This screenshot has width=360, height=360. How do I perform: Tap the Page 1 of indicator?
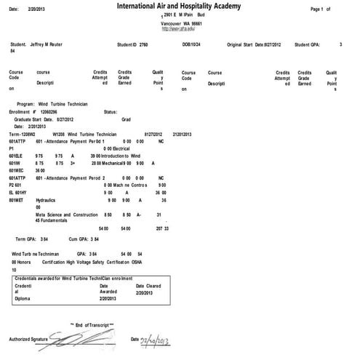[x=320, y=9]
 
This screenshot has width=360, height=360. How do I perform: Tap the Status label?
[x=111, y=112]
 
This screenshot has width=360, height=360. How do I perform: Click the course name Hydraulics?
[x=50, y=199]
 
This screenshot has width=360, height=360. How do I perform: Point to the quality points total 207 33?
[x=162, y=228]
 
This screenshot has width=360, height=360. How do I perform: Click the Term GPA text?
[x=35, y=239]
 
